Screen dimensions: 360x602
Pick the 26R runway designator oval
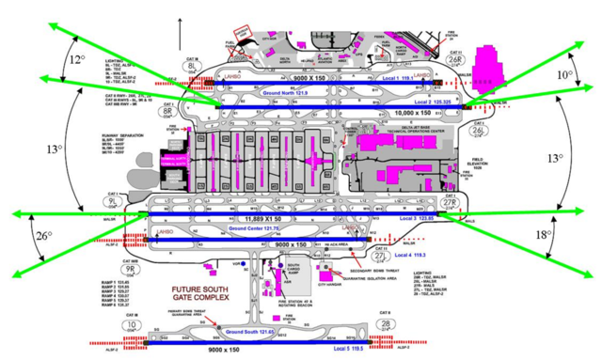click(454, 57)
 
